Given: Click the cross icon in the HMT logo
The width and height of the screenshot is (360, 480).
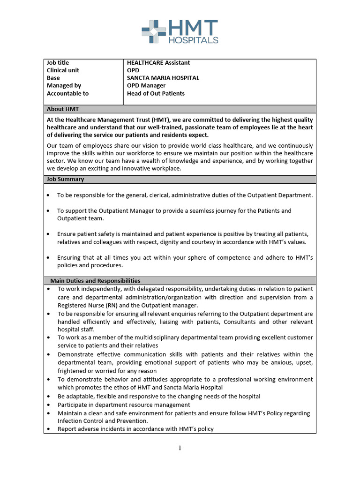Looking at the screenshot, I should (x=154, y=31).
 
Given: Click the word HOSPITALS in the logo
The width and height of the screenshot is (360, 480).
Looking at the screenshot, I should (x=193, y=40).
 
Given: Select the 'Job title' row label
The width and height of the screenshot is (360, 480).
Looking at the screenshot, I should (x=58, y=63).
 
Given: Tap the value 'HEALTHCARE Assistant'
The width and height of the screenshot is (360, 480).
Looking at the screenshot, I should (x=158, y=63).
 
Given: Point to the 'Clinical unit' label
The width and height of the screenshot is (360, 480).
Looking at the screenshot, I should (x=63, y=70).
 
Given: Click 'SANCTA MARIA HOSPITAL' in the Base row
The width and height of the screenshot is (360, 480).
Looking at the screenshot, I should (x=163, y=78).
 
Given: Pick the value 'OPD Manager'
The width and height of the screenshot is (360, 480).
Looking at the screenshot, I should (x=146, y=86).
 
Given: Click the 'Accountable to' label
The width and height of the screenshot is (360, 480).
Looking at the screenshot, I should (x=67, y=93).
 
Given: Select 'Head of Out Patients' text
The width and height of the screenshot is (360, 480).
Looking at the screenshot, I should (x=156, y=93).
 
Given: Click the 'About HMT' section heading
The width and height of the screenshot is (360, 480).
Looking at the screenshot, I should (x=63, y=109).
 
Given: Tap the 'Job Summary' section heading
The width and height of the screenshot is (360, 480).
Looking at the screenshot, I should (x=66, y=179).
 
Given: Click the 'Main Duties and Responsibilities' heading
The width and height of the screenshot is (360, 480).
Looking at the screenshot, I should (x=95, y=281).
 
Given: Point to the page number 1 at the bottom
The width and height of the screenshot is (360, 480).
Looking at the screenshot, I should (x=180, y=448).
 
